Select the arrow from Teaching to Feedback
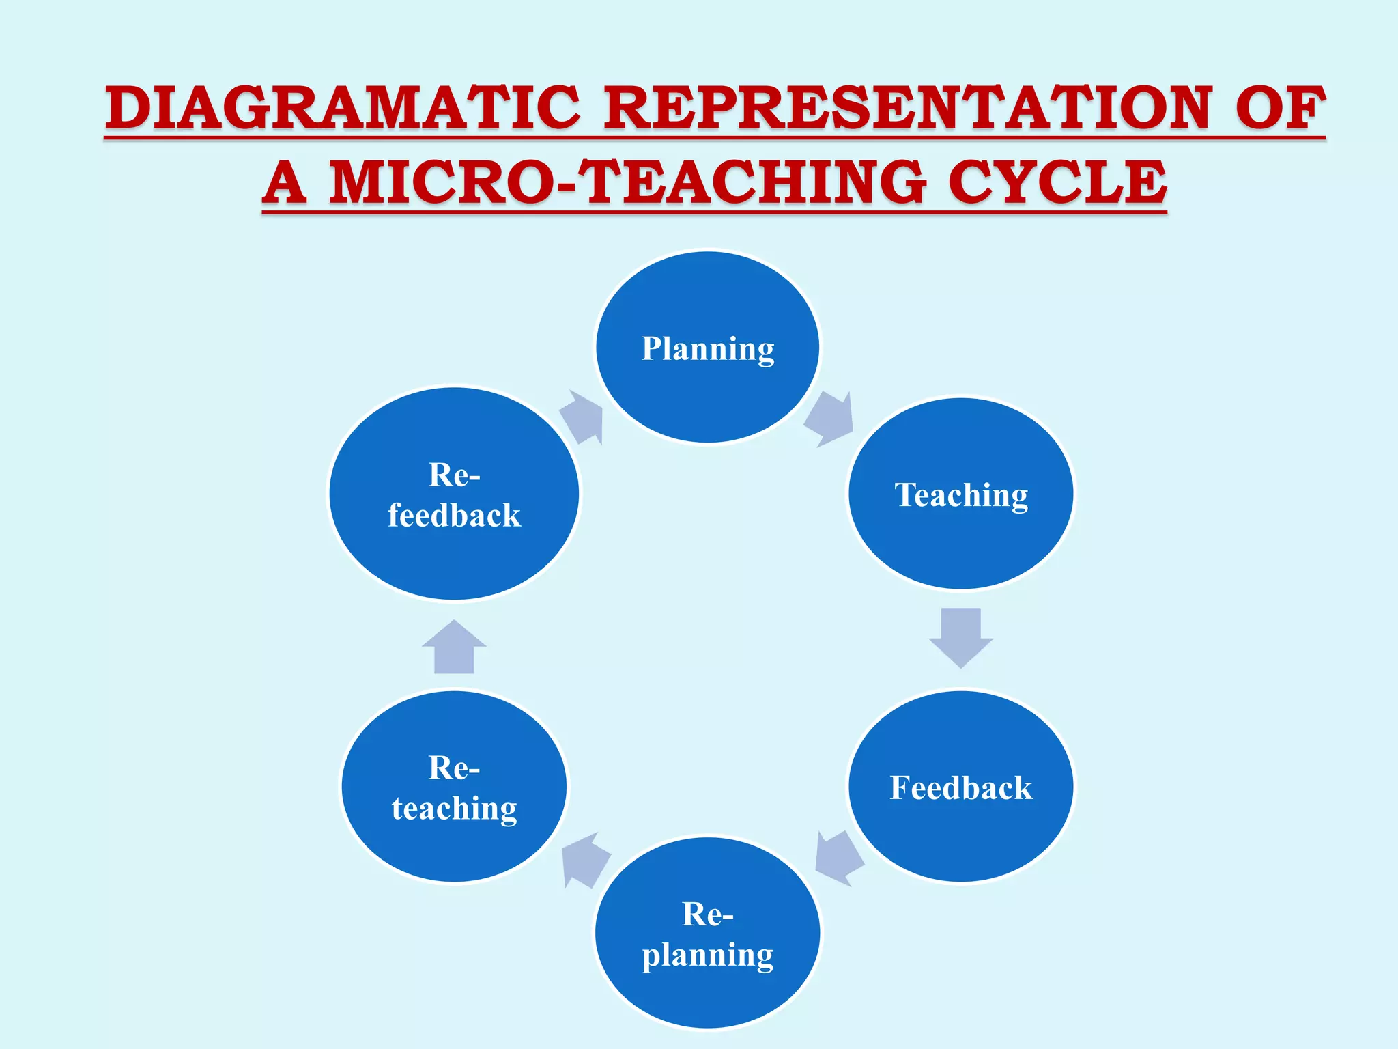(x=960, y=637)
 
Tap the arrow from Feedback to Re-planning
(x=838, y=858)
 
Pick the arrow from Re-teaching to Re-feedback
(x=454, y=648)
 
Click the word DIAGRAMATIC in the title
(x=343, y=107)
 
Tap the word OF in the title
(x=1281, y=107)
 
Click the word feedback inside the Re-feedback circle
(x=454, y=515)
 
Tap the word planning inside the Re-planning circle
(x=708, y=955)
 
